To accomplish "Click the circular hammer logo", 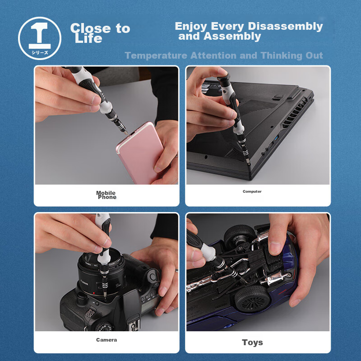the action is click(40, 38).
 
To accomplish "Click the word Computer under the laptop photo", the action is click(252, 191).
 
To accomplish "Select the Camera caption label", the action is click(106, 340).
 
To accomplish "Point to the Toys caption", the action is click(252, 342).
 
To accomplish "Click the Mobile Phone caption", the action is click(106, 195).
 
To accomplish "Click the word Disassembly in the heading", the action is click(284, 26).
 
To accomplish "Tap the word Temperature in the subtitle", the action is click(156, 56).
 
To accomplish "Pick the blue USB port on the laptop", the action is click(277, 138).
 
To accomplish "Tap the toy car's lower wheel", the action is click(253, 299).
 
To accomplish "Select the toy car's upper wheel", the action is click(240, 235).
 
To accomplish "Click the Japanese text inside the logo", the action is click(40, 52).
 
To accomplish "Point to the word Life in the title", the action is click(88, 38).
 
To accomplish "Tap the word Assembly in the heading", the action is click(232, 37).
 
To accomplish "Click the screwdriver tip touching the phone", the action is click(126, 132).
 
